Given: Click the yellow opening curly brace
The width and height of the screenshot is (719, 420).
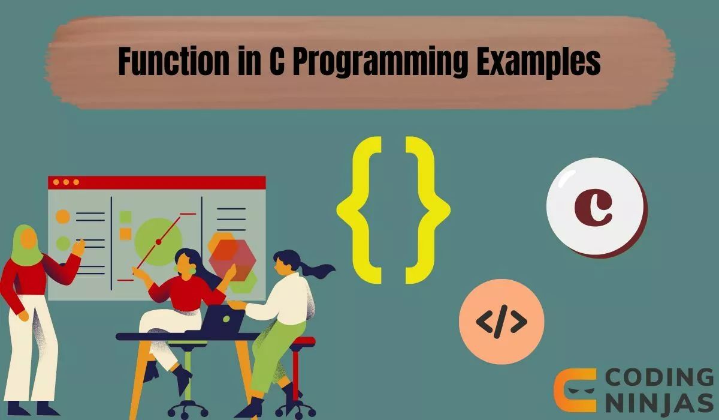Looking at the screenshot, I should point(359,209).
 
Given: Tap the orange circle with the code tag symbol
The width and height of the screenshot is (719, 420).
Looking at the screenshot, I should point(502,322).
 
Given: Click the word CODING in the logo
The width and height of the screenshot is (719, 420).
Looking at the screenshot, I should point(660,378).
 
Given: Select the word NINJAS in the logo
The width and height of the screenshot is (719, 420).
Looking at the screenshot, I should point(660,404).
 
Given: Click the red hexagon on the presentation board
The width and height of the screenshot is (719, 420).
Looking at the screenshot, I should point(232,257).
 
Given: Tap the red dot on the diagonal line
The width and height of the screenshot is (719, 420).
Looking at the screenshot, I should point(158,242).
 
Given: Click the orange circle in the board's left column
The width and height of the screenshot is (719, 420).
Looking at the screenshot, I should point(63,217).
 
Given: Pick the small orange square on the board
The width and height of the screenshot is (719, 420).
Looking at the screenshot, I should point(125,233).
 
